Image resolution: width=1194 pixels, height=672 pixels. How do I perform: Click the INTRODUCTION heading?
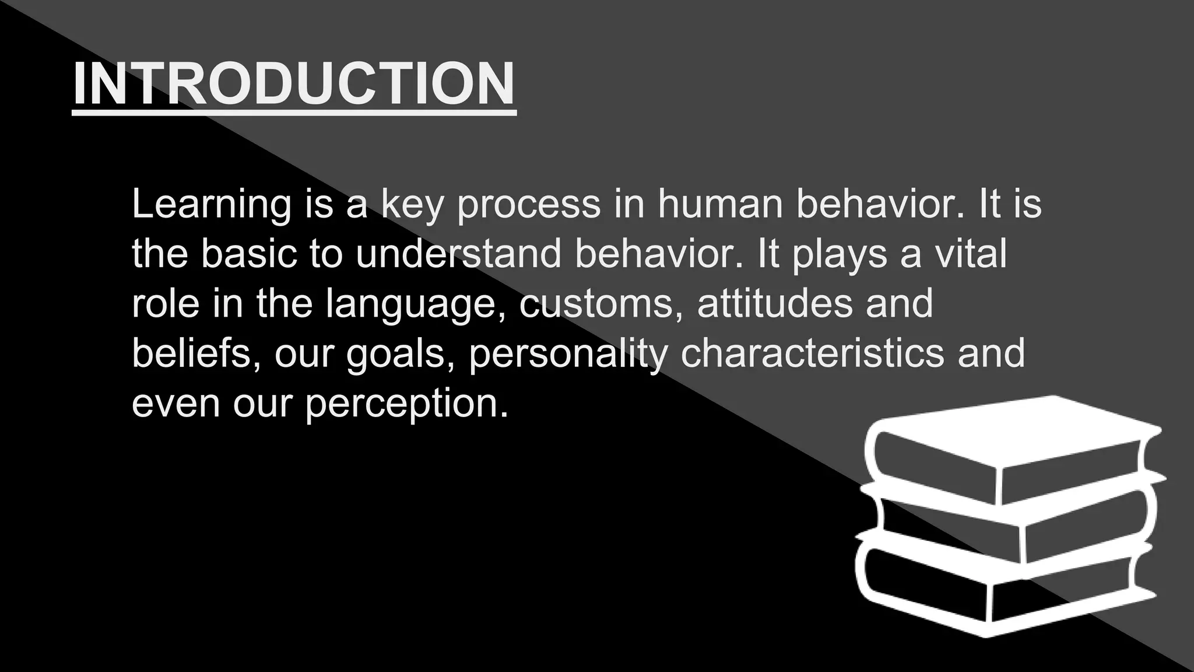tap(294, 84)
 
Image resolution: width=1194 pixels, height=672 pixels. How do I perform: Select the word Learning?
tap(211, 204)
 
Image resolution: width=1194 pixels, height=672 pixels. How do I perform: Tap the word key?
tap(412, 204)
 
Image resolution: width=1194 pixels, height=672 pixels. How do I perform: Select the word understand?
tap(458, 254)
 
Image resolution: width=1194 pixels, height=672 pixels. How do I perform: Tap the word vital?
tap(970, 254)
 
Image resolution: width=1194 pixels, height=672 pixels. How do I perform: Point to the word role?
tap(166, 304)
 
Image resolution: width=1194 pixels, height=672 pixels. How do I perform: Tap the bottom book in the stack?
tap(1003, 589)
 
